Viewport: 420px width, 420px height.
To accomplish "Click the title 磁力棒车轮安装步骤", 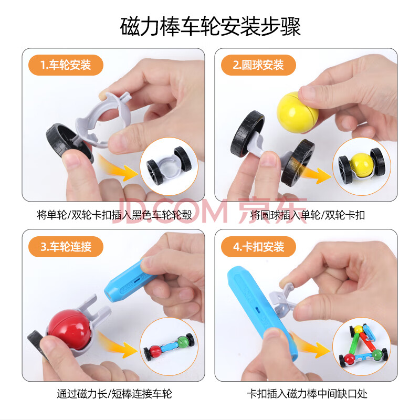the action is pyautogui.click(x=210, y=27).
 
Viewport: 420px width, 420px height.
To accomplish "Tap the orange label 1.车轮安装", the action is pyautogui.click(x=66, y=65).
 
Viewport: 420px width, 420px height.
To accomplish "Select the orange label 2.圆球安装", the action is pyautogui.click(x=258, y=65).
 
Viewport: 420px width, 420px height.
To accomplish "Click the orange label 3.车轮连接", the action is pyautogui.click(x=66, y=247).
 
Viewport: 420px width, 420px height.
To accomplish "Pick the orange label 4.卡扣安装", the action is pyautogui.click(x=258, y=247).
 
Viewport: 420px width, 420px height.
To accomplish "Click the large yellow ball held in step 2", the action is pyautogui.click(x=297, y=112).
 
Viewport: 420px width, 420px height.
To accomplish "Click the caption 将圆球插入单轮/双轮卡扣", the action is pyautogui.click(x=308, y=215).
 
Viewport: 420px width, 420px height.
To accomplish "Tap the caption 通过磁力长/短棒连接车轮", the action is pyautogui.click(x=114, y=394).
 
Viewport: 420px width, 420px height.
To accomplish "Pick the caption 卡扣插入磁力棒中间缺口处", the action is pyautogui.click(x=307, y=394).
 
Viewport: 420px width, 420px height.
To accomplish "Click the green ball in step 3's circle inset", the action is pyautogui.click(x=183, y=342).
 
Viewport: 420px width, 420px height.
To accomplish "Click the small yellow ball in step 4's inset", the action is pyautogui.click(x=359, y=329).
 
